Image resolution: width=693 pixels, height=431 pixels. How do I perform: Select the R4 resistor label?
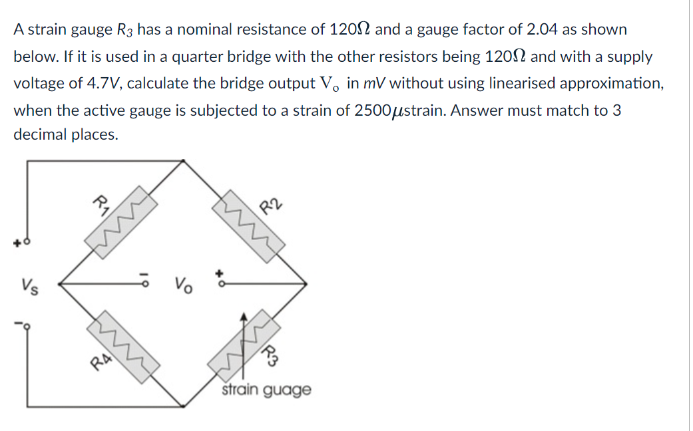point(101,360)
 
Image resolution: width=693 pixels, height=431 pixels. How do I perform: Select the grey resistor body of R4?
point(124,343)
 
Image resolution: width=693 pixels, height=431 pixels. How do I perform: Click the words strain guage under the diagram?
point(266,390)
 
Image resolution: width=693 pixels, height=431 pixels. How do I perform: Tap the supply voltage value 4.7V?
point(103,84)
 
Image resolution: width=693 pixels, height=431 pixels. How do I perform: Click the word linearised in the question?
point(527,84)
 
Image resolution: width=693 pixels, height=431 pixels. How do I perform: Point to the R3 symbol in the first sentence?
point(124,31)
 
